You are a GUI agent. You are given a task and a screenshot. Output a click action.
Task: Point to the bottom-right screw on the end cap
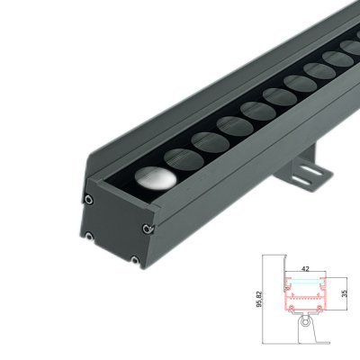coord(133,261)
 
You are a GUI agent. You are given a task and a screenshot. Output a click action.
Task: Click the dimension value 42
coord(306,269)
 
